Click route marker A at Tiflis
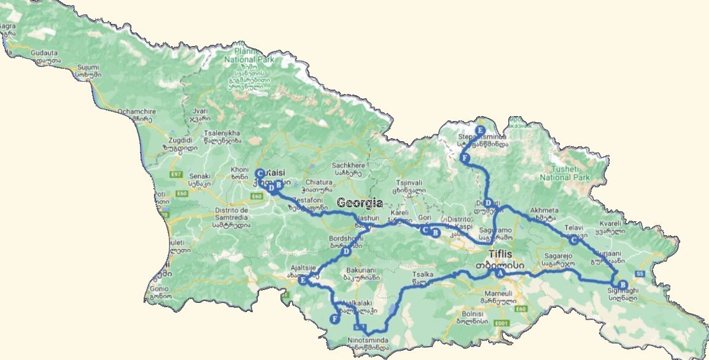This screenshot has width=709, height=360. point(500,273)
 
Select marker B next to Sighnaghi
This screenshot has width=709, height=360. point(622,284)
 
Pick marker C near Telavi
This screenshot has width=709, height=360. point(573,241)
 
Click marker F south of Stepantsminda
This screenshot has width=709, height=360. point(465,158)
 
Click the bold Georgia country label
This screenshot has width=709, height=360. point(360,203)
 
